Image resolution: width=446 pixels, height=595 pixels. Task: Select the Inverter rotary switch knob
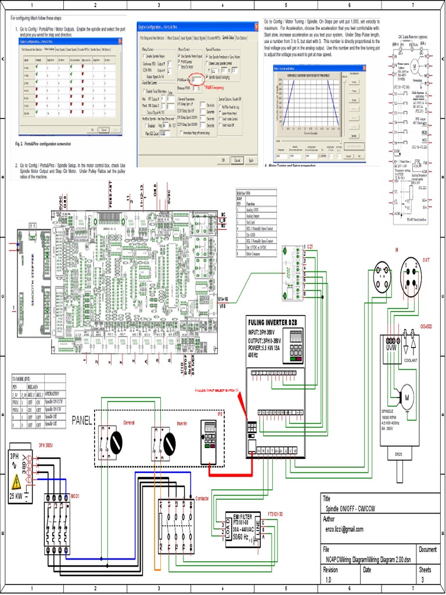tap(169, 445)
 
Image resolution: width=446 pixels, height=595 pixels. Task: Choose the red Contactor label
tap(202, 499)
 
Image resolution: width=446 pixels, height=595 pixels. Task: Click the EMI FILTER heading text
tap(244, 517)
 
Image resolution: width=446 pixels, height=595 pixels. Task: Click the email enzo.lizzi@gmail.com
tap(344, 529)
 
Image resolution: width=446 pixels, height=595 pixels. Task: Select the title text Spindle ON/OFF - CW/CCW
tap(351, 508)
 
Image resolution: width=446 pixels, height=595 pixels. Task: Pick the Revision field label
tap(330, 570)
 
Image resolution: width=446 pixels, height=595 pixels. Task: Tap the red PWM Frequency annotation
tap(213, 87)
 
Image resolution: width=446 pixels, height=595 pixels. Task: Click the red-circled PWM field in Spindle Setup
tap(197, 78)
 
